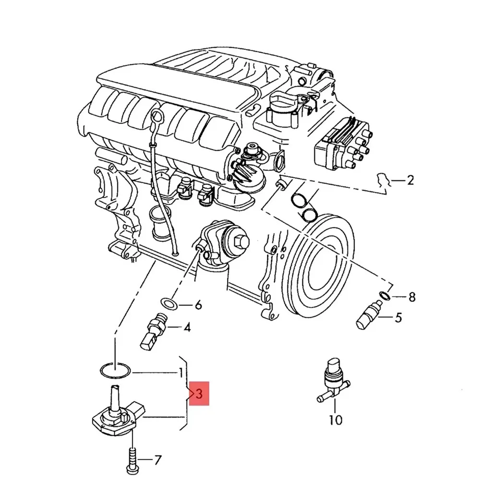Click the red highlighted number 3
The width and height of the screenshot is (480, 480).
pyautogui.click(x=199, y=394)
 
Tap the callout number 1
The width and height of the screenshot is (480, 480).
pyautogui.click(x=180, y=372)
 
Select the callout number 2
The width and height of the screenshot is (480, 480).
pyautogui.click(x=409, y=180)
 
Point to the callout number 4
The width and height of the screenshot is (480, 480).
pyautogui.click(x=187, y=328)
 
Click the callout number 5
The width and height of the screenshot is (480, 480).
pyautogui.click(x=398, y=317)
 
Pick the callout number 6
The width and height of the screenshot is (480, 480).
pyautogui.click(x=198, y=305)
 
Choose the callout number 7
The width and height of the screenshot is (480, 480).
pyautogui.click(x=157, y=461)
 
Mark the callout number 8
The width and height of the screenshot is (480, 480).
pyautogui.click(x=411, y=297)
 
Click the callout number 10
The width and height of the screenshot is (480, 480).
pyautogui.click(x=336, y=420)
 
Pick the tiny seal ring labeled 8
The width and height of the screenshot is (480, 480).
pyautogui.click(x=384, y=294)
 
